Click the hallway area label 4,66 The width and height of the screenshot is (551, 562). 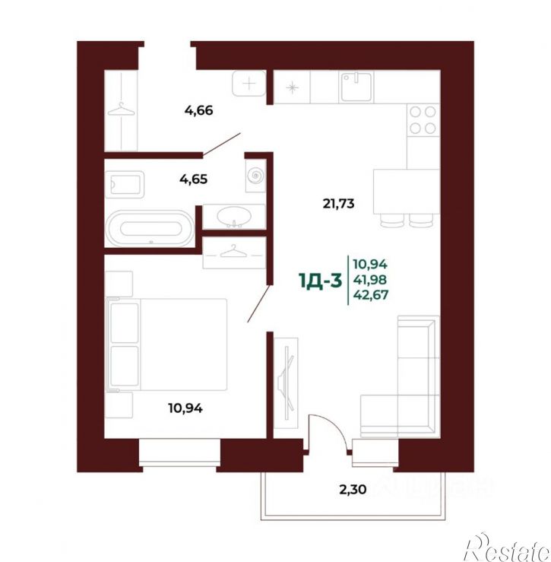(199, 110)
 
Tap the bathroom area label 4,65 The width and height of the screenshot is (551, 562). (194, 179)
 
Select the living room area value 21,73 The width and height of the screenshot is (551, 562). (338, 204)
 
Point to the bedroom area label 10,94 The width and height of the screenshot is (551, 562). (185, 408)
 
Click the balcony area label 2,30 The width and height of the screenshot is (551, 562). (353, 489)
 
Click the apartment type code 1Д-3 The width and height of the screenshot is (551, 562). (320, 281)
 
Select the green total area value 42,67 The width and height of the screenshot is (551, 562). (370, 295)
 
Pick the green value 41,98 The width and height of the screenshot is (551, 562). (369, 280)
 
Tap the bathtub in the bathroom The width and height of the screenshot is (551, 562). (150, 228)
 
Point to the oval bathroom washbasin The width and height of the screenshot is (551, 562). (233, 217)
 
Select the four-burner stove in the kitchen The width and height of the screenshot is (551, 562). (423, 120)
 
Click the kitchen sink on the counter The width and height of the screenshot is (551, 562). (357, 87)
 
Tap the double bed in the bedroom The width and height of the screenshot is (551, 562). (167, 345)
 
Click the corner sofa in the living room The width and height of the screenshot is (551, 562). (401, 376)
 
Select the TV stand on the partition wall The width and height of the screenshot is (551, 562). (287, 383)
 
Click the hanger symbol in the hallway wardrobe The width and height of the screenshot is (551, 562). (122, 110)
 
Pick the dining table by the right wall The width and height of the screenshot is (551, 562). (407, 192)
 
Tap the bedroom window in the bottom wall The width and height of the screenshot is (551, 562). (179, 452)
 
